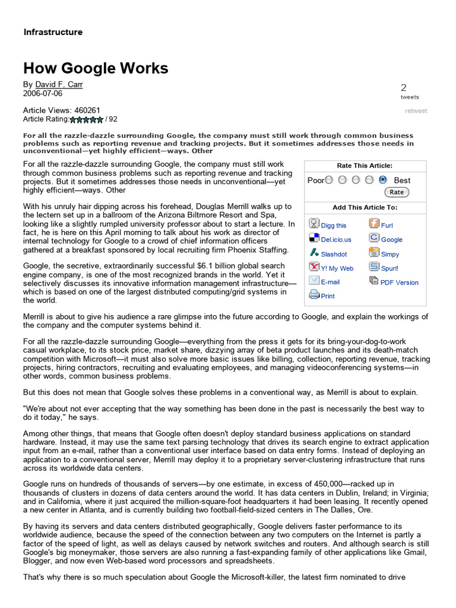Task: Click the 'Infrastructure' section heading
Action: (x=53, y=32)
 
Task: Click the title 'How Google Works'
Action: (x=96, y=68)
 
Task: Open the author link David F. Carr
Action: (x=59, y=84)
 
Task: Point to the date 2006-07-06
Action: (x=42, y=93)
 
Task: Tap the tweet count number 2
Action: (x=404, y=87)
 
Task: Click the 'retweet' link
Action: (x=416, y=110)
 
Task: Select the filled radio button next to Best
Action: (x=383, y=180)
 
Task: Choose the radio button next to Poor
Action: (x=329, y=180)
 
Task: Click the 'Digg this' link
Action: (x=333, y=226)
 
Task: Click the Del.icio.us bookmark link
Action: (x=335, y=240)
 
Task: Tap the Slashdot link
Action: (x=334, y=254)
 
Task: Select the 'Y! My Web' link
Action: (x=337, y=268)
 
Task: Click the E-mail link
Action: (x=330, y=283)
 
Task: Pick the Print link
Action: (x=327, y=296)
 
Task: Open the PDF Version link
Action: (x=399, y=283)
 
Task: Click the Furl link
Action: (x=387, y=226)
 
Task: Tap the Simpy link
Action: (x=390, y=254)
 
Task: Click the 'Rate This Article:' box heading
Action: (x=364, y=166)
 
